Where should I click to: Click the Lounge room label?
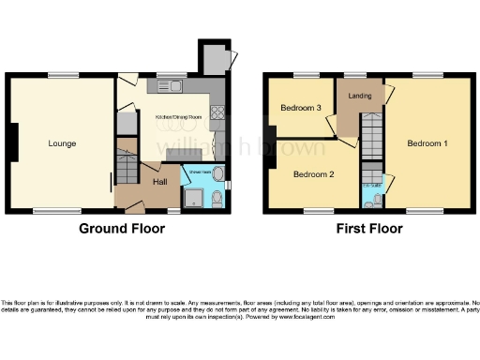click(x=63, y=143)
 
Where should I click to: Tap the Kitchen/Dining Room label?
click(x=178, y=116)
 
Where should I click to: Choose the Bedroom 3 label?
click(x=301, y=109)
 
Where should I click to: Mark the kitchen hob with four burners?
click(x=217, y=115)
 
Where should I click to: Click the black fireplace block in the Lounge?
click(x=13, y=142)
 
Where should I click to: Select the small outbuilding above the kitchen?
click(x=213, y=58)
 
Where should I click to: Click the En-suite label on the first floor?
click(x=370, y=186)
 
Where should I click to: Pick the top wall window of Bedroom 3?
click(x=307, y=75)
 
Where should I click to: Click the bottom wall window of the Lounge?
click(x=63, y=210)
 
